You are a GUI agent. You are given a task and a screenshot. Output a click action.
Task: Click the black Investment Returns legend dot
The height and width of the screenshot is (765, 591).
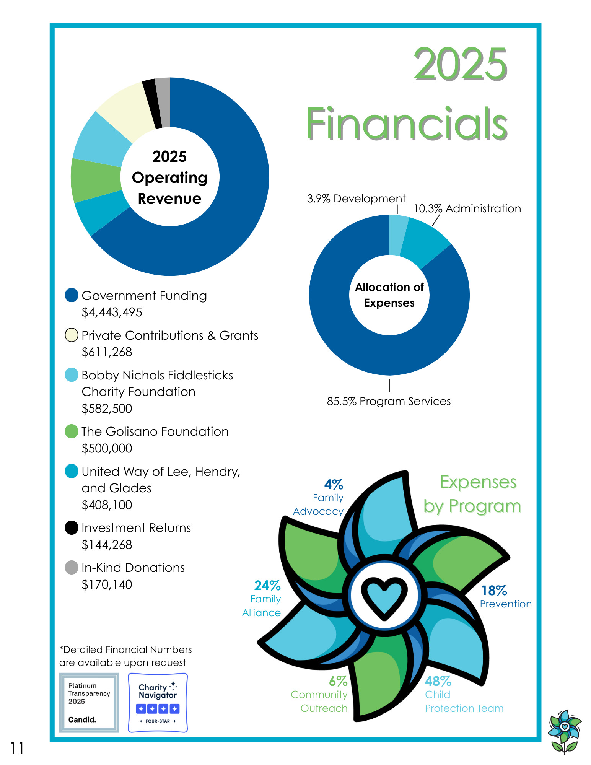pos(72,528)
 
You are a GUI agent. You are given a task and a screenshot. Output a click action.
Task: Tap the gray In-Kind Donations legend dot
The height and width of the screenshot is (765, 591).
pos(72,568)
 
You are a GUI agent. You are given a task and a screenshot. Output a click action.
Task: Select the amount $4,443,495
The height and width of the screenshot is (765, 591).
pos(112,313)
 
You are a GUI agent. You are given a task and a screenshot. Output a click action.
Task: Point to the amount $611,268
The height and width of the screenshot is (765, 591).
pos(107,352)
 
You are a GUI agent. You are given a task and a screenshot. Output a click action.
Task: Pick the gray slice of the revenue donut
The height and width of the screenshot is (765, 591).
pos(163,103)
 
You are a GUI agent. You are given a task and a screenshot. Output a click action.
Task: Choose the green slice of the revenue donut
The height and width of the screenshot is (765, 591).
pos(96,180)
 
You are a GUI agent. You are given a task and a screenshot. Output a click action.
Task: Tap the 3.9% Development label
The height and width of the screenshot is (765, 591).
pos(356,199)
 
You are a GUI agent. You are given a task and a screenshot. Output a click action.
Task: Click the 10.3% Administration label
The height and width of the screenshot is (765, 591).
pos(467,209)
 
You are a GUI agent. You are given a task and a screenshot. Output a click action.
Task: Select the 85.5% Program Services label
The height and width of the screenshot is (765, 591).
pos(389,402)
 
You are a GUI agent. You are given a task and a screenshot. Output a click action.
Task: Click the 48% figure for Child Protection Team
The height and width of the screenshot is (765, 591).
pos(438,682)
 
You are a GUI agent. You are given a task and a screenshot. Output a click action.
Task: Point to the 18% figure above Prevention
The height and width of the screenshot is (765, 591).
pos(494,591)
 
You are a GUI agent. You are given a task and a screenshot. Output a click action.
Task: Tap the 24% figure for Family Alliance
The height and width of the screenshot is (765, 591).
pos(267,586)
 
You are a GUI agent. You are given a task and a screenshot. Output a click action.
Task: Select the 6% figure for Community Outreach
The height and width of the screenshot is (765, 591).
pos(338,682)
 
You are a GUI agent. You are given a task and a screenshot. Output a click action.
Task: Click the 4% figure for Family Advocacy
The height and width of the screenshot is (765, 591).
pos(334,485)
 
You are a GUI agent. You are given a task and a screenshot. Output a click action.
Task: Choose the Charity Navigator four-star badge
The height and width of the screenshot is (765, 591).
pos(158,703)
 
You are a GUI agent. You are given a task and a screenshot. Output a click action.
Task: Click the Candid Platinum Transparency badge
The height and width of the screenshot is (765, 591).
pos(89,703)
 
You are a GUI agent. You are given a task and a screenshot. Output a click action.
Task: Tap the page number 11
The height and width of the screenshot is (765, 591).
pos(17,748)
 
